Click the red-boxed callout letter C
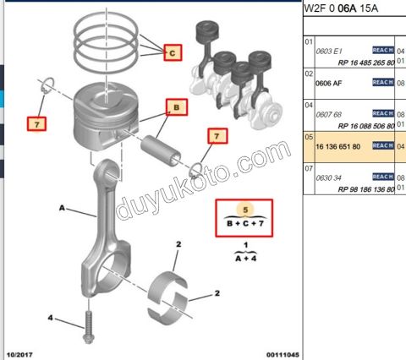coord(172,53)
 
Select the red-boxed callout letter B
coord(176,108)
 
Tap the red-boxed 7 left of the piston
coord(36,123)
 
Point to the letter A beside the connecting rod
coord(62,206)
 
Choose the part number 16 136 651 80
coord(337,145)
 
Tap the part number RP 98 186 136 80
coord(354,188)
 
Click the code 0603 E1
coord(330,52)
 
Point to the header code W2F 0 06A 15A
coord(342,8)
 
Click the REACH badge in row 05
coord(382,145)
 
